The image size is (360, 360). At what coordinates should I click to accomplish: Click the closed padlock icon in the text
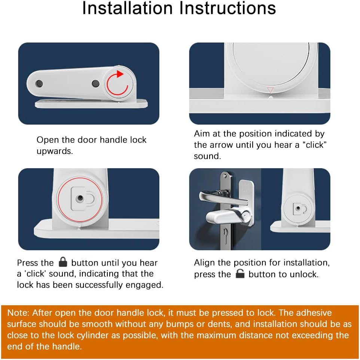click(x=62, y=262)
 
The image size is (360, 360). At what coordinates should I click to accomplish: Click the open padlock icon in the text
click(x=240, y=274)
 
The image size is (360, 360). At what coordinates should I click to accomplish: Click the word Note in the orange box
click(x=18, y=313)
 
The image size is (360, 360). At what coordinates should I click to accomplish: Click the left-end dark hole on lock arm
click(x=37, y=83)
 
